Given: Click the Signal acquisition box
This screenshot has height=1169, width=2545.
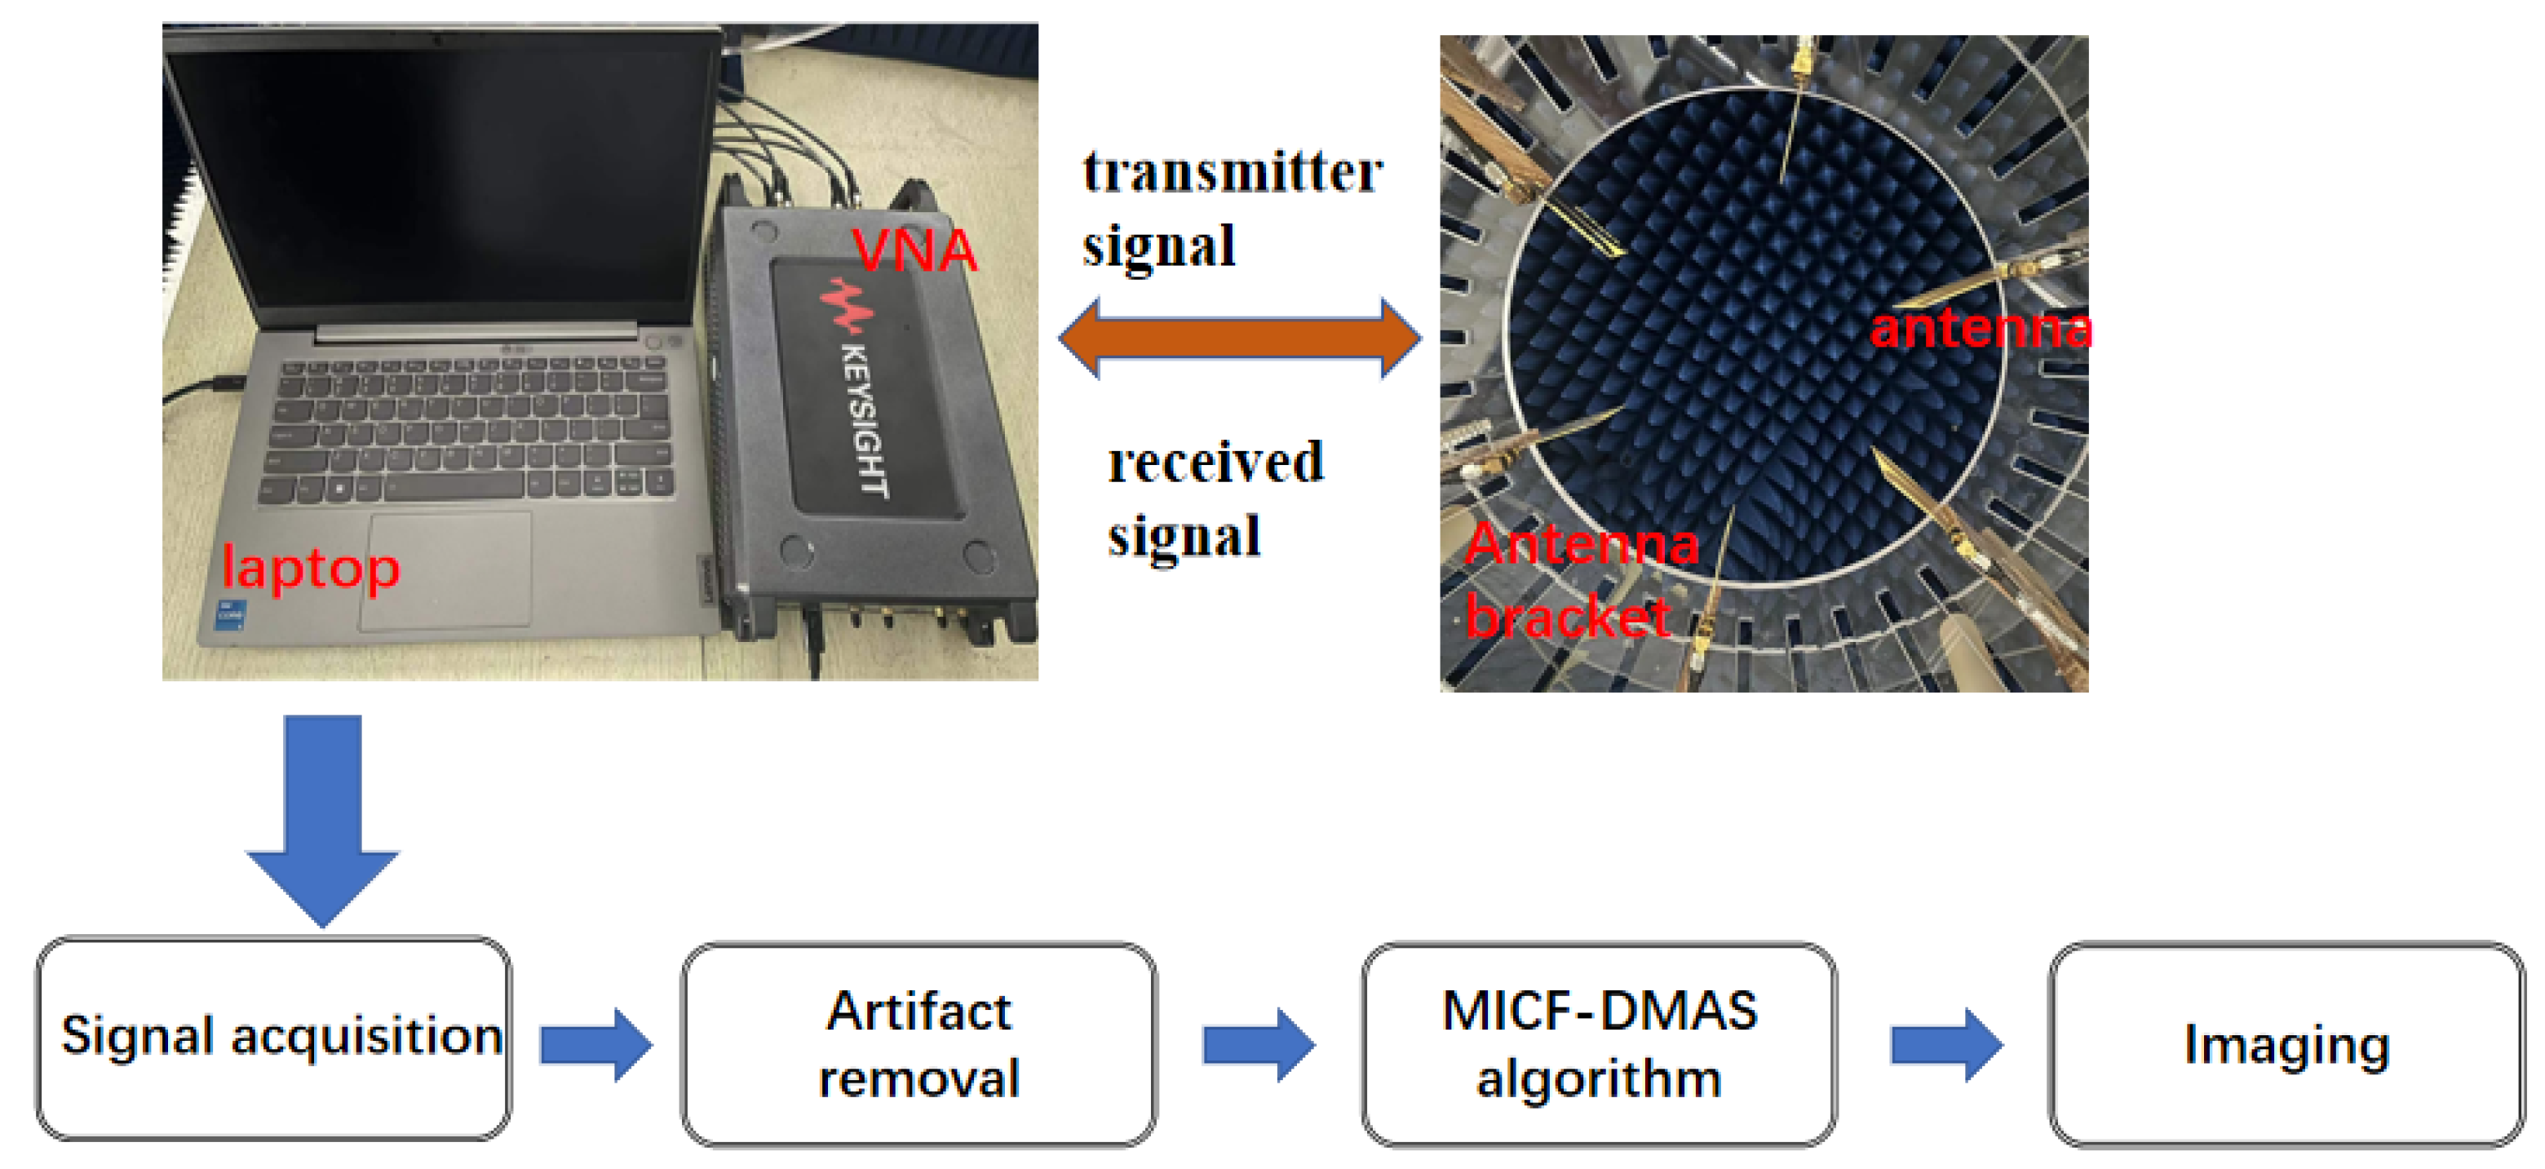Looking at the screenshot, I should [x=273, y=1038].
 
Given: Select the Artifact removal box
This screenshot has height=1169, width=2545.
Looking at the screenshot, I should [x=918, y=1044].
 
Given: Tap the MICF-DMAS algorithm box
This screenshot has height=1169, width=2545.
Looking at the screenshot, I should [x=1599, y=1044].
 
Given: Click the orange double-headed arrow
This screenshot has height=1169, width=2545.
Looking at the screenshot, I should [x=1239, y=339].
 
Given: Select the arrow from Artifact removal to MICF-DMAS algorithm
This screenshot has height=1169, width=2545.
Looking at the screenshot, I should [x=1258, y=1044].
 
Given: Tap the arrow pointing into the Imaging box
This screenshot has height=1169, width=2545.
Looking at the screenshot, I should [x=1945, y=1044].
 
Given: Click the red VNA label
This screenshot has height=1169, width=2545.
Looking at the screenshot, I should [x=914, y=251].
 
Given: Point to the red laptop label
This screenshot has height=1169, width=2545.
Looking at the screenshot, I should [x=310, y=569].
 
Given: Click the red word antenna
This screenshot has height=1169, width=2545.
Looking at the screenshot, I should [x=1979, y=328].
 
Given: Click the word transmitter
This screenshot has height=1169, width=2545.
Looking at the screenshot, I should [x=1232, y=173].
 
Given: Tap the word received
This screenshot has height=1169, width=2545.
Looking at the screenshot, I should [x=1215, y=463].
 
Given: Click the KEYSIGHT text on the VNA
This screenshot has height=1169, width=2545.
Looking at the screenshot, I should [x=865, y=420].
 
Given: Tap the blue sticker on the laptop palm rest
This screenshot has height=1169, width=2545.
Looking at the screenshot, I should [x=229, y=612].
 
